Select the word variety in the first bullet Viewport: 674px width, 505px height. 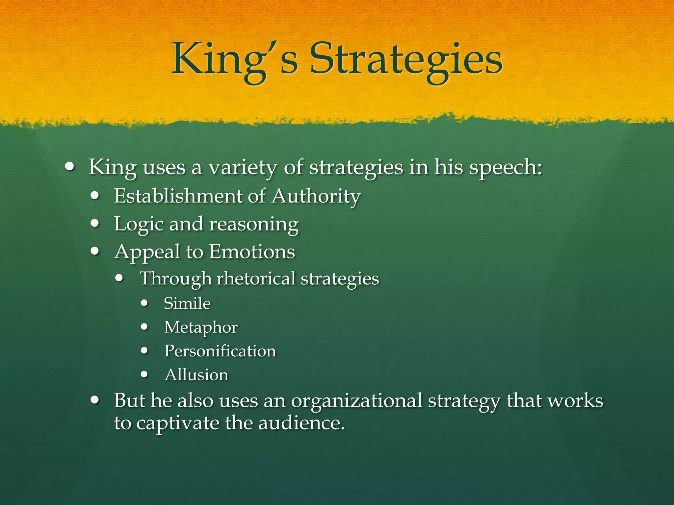tap(243, 168)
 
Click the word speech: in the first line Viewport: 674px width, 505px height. tap(505, 168)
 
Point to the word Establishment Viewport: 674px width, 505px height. tap(177, 196)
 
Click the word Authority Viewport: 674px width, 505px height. tap(316, 197)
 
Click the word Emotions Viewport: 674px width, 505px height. tap(252, 252)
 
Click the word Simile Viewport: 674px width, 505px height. tap(187, 303)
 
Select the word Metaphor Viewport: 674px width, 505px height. tap(201, 327)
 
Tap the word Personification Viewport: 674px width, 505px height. tap(220, 351)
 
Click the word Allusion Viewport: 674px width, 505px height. tap(196, 375)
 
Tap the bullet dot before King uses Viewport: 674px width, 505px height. tap(69, 166)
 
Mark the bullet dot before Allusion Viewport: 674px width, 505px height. tap(144, 374)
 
